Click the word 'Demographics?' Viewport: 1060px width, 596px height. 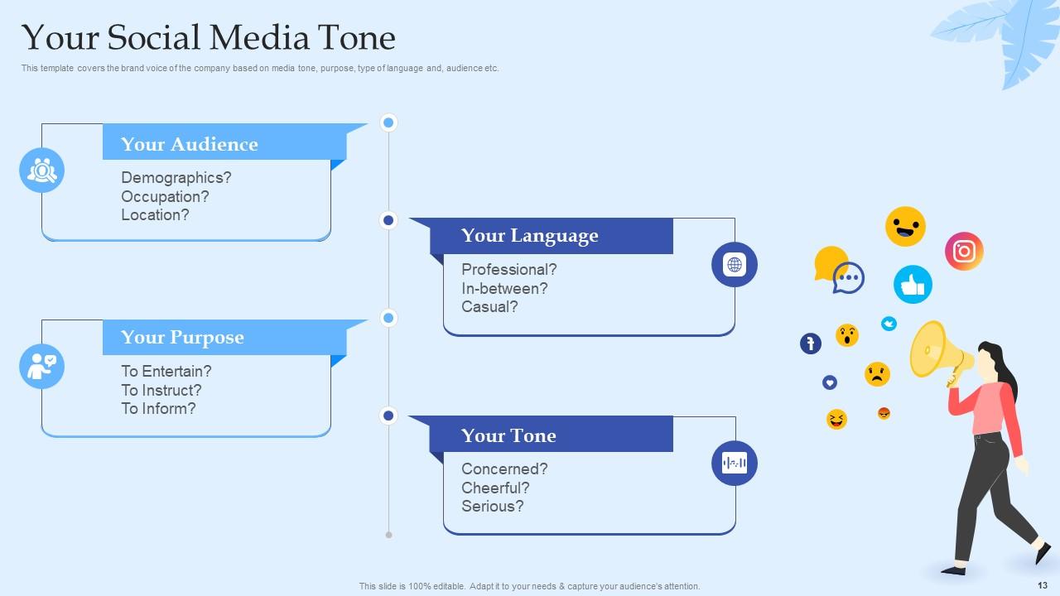point(176,178)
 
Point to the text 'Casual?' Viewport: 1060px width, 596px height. point(489,306)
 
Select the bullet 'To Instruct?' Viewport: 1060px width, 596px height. point(161,390)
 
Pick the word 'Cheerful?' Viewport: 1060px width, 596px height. point(495,488)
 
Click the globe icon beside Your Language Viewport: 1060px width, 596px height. point(735,265)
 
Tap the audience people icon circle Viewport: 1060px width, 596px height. point(41,171)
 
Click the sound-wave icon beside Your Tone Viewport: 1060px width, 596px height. point(735,463)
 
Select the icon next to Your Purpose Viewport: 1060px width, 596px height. point(41,366)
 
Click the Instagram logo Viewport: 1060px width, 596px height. point(964,251)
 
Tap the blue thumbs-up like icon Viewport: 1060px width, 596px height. point(913,285)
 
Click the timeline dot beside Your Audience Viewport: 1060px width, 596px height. point(388,123)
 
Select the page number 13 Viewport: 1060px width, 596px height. point(1043,585)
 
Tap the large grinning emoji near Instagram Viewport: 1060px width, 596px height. point(905,226)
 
